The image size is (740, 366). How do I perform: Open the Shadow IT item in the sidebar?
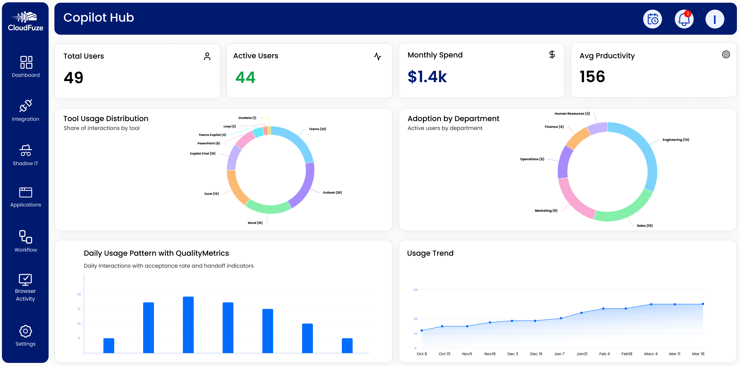click(x=26, y=155)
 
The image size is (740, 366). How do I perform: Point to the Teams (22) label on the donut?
click(x=317, y=129)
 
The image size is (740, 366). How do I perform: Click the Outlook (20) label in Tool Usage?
click(x=332, y=193)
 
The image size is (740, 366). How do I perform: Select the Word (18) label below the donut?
click(x=255, y=223)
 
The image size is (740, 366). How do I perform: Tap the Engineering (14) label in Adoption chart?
click(x=675, y=140)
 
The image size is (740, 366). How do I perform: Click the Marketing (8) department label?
click(x=546, y=211)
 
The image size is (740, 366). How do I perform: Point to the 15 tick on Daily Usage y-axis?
click(x=79, y=309)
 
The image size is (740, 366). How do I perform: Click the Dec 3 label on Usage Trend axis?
click(x=513, y=354)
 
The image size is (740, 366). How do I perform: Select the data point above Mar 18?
click(x=703, y=304)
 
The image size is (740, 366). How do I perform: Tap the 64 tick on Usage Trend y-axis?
click(x=415, y=290)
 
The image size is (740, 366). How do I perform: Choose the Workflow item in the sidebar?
click(x=26, y=241)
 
